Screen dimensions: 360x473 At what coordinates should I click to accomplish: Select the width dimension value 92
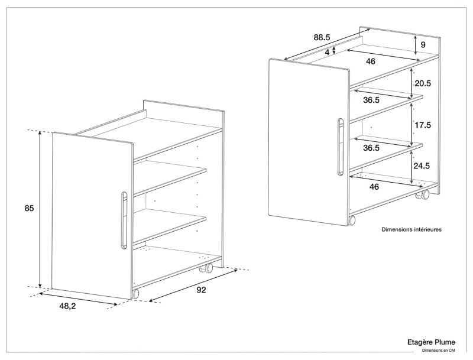pos(202,290)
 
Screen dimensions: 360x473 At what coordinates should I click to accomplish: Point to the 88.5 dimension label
pos(322,38)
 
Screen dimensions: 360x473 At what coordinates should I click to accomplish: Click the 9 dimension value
pos(423,44)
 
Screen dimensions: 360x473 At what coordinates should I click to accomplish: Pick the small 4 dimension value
pos(327,52)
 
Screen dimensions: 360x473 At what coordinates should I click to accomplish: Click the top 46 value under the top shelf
pos(370,61)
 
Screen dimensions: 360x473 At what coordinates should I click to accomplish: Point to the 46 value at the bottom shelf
pos(374,186)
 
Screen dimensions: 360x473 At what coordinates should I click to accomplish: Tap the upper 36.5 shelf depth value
pos(371,100)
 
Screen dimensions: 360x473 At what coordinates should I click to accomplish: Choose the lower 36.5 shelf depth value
pos(371,148)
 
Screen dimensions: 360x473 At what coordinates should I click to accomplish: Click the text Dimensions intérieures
pos(412,229)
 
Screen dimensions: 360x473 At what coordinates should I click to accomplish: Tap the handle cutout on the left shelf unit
pos(123,219)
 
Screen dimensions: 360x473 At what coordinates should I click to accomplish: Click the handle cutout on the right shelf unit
pos(340,147)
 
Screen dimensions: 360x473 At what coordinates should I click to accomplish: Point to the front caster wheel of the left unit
pos(135,293)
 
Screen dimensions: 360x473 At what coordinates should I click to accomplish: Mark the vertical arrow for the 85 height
pos(40,208)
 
